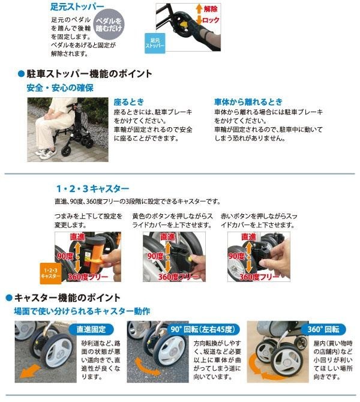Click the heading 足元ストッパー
[77, 7]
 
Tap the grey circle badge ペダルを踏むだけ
[109, 25]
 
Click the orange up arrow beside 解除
[199, 9]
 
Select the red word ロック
[211, 20]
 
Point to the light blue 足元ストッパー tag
[155, 43]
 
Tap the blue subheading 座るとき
[129, 102]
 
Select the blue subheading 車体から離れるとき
[248, 102]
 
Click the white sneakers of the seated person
[46, 154]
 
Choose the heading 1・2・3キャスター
[92, 188]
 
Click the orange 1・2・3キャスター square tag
[50, 273]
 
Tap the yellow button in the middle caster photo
[190, 259]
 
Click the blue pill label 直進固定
[91, 329]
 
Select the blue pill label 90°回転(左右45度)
[203, 329]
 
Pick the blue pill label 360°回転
[323, 329]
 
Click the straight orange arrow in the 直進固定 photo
[30, 371]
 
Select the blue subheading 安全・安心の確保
[60, 88]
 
